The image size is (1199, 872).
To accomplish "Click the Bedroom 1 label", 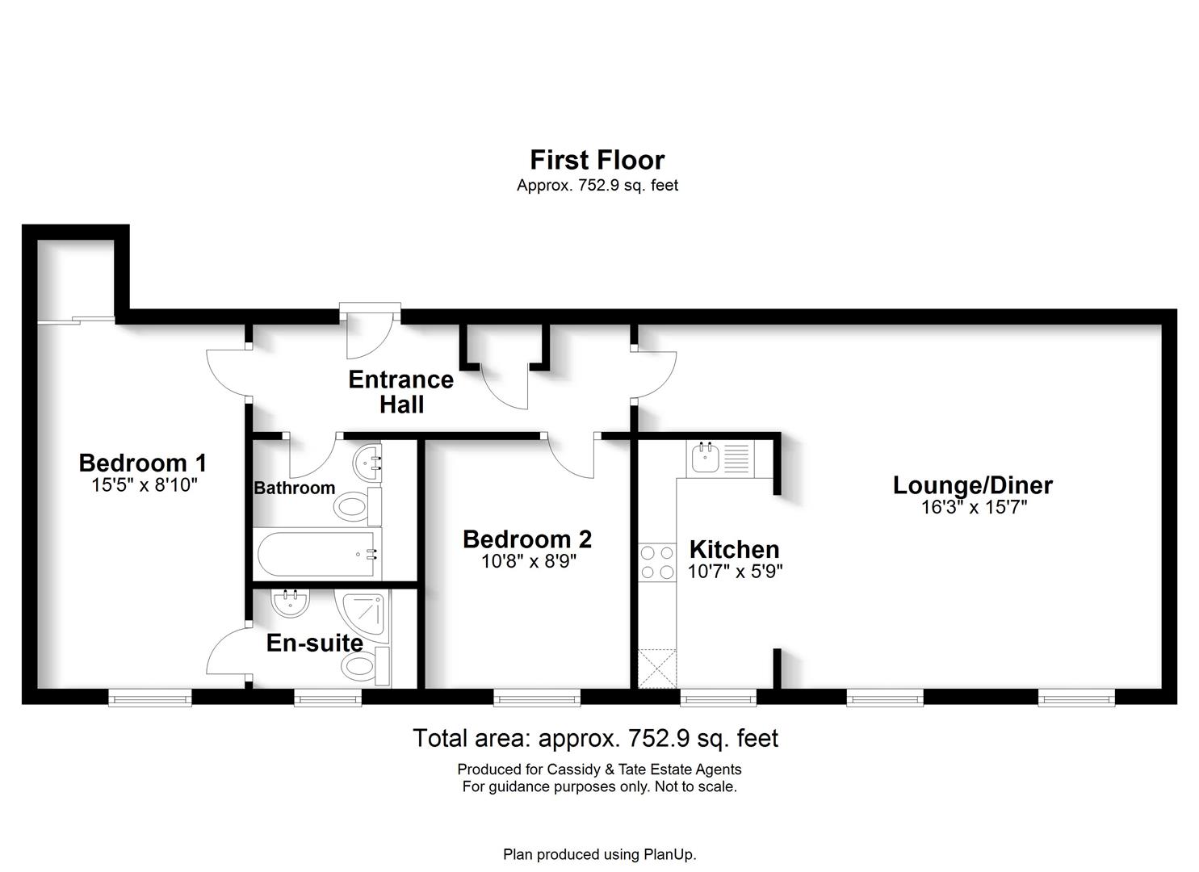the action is pyautogui.click(x=142, y=463).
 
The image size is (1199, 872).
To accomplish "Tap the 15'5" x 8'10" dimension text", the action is pyautogui.click(x=145, y=485).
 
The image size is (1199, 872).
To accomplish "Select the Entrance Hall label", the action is pyautogui.click(x=401, y=392).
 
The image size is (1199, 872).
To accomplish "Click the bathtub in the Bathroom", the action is pyautogui.click(x=317, y=554).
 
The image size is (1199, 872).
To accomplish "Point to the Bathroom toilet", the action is pyautogui.click(x=358, y=506).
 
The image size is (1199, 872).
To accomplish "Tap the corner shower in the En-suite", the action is pyautogui.click(x=363, y=616).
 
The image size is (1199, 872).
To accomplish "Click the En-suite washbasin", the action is pyautogui.click(x=290, y=602).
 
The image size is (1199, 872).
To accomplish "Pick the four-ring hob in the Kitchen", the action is pyautogui.click(x=657, y=562).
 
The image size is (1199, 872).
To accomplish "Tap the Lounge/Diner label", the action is pyautogui.click(x=973, y=485).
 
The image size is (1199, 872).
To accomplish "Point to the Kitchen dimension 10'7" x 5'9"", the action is pyautogui.click(x=735, y=572).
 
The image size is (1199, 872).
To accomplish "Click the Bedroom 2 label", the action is pyautogui.click(x=527, y=539).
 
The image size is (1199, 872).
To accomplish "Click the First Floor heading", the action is pyautogui.click(x=597, y=160).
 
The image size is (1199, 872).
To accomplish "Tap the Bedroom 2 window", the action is pyautogui.click(x=537, y=698).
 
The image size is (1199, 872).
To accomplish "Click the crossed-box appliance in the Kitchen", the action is pyautogui.click(x=657, y=669).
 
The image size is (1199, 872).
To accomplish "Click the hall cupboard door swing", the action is pyautogui.click(x=504, y=388).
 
